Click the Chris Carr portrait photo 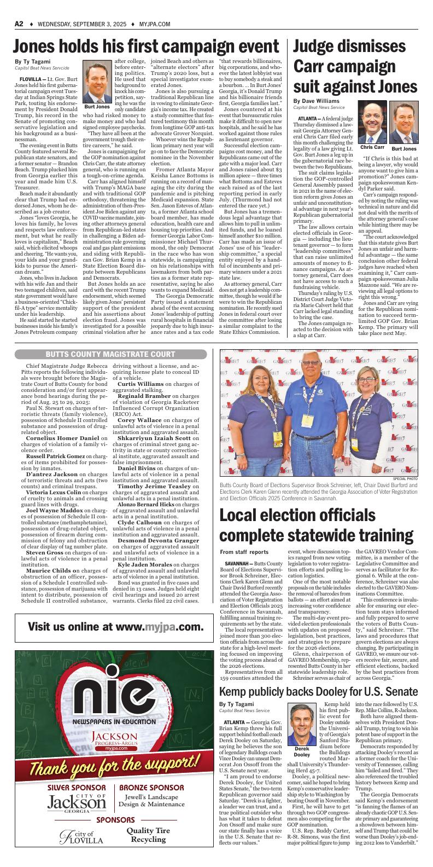tap(372, 123)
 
